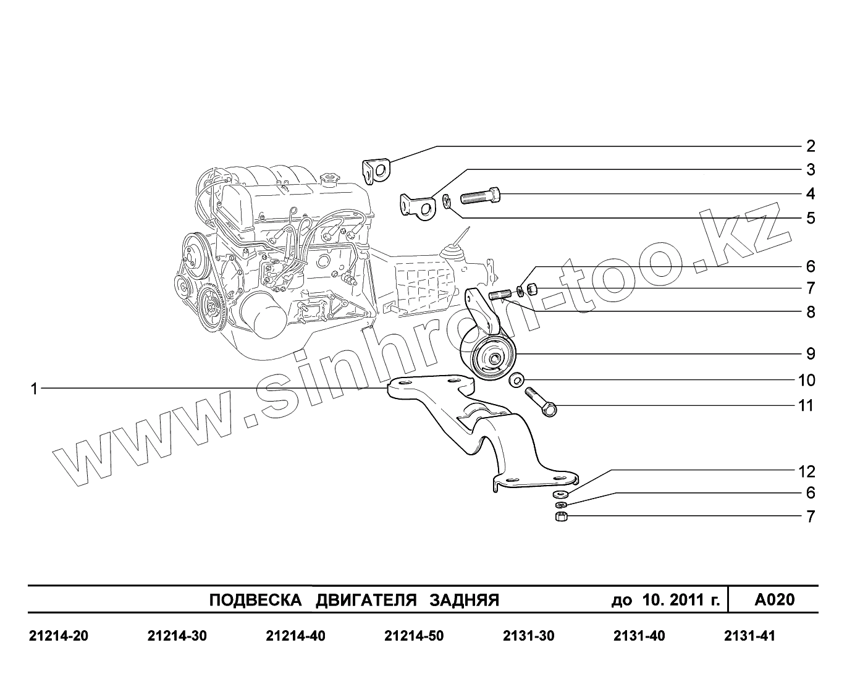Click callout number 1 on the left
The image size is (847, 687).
click(34, 389)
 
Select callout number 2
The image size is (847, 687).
click(811, 146)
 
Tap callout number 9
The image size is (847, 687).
click(811, 353)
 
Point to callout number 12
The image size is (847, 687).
click(807, 471)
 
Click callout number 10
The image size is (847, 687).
click(807, 381)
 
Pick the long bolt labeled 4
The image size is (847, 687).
click(480, 196)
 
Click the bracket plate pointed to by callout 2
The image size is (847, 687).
click(376, 171)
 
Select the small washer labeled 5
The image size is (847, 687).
click(447, 201)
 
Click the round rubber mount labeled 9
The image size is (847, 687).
click(492, 358)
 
